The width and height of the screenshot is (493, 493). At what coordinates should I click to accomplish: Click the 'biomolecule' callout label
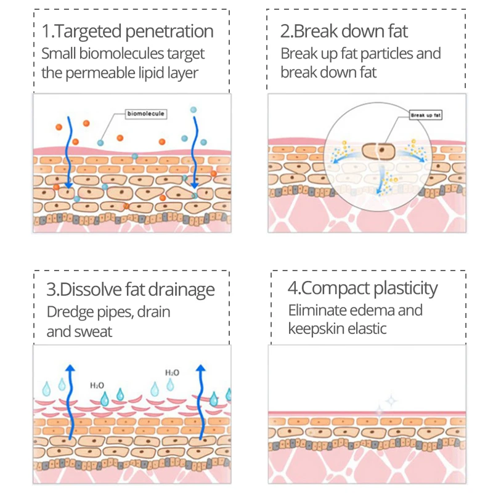[x=145, y=113]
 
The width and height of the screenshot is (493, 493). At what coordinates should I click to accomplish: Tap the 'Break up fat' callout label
[x=426, y=115]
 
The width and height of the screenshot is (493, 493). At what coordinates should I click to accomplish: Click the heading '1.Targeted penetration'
[x=128, y=31]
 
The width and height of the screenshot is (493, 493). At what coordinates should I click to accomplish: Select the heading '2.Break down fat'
[x=344, y=31]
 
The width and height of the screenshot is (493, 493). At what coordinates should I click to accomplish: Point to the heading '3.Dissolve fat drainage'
[x=131, y=290]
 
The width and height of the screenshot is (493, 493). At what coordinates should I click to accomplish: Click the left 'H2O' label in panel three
[x=97, y=386]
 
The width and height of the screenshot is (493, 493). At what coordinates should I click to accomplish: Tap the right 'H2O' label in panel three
[x=172, y=373]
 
